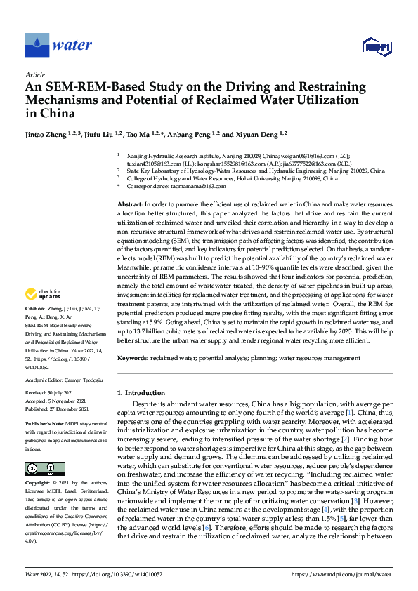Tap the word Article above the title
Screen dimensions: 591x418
coord(35,74)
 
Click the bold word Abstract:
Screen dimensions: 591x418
coord(131,204)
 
